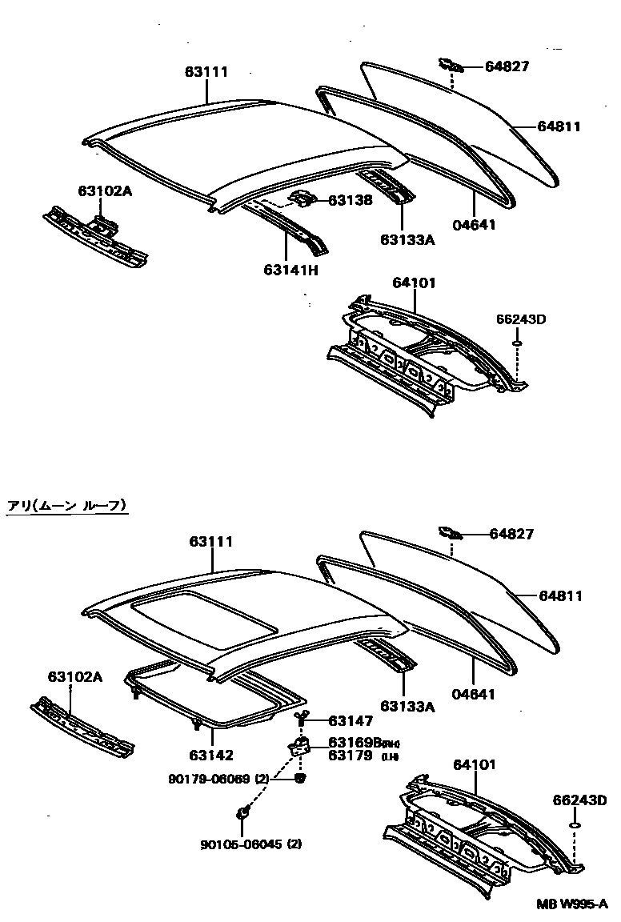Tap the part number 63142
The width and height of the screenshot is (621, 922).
tap(211, 754)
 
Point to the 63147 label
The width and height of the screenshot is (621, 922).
tap(351, 722)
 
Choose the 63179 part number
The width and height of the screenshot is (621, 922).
tap(351, 755)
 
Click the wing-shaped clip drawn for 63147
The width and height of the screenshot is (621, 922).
tap(302, 716)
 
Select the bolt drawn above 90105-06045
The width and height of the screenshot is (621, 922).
tap(242, 815)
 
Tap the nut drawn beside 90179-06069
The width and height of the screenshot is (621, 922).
tap(300, 778)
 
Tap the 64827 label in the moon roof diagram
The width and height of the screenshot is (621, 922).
tap(511, 534)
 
